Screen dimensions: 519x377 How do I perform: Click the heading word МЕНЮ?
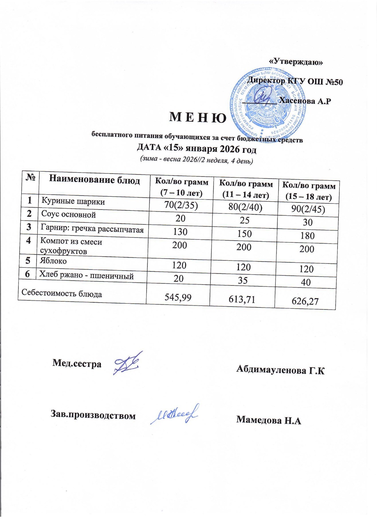198,117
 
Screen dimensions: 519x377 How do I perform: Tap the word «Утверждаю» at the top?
296,61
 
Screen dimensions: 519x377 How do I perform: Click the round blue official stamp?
268,103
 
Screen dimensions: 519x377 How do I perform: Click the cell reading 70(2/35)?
181,205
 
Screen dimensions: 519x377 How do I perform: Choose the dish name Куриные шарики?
73,201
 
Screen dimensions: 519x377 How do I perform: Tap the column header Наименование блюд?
94,180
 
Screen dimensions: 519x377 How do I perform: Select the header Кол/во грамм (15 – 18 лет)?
309,191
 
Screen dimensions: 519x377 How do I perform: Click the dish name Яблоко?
53,261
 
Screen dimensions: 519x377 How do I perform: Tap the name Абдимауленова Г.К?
280,369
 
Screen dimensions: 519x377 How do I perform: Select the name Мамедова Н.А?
268,420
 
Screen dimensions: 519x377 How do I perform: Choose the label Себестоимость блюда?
62,293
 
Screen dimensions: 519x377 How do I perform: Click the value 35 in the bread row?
243,280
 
